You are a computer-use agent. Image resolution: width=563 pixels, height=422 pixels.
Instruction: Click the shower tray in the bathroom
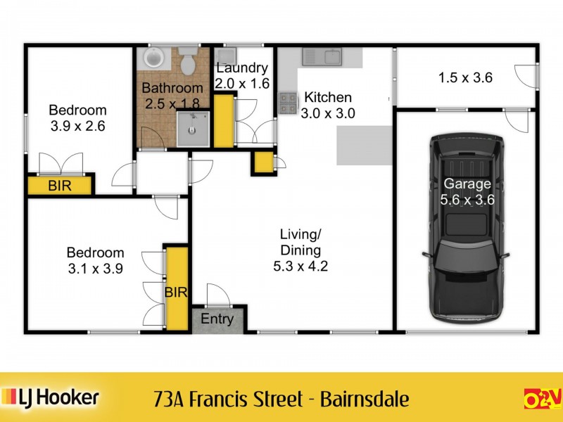point(192,129)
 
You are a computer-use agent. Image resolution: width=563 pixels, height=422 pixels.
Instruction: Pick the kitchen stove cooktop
point(288,103)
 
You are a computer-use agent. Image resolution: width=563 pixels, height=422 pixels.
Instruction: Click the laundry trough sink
point(227,56)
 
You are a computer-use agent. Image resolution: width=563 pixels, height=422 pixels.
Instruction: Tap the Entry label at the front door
point(217,319)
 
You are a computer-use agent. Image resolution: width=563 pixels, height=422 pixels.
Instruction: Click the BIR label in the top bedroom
point(59,186)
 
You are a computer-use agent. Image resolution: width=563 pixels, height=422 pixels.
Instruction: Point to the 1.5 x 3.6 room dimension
point(465,77)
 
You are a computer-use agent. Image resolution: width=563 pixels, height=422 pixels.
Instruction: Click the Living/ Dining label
point(301,242)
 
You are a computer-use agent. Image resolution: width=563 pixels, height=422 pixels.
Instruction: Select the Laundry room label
point(241,68)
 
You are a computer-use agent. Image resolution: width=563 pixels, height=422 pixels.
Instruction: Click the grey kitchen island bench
point(363,145)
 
